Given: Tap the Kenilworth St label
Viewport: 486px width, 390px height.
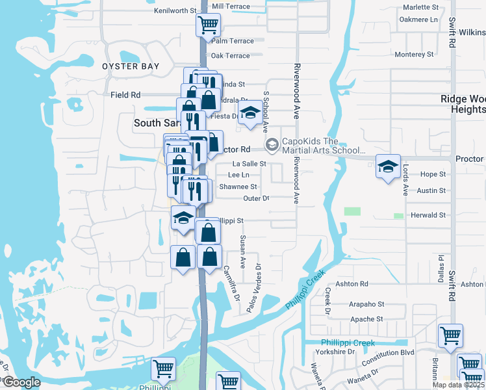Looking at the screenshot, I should click(175, 11).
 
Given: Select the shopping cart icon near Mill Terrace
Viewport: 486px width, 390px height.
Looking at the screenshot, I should click(208, 26).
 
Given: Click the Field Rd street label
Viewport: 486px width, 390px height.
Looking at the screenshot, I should click(125, 95).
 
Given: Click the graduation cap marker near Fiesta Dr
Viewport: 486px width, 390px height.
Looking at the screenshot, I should click(249, 114).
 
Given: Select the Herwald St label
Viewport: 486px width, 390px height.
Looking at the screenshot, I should click(428, 215).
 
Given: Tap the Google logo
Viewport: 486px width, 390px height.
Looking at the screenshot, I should click(21, 382).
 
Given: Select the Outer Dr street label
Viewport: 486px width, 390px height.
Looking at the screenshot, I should click(256, 198).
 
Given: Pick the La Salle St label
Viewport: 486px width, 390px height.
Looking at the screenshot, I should click(249, 164).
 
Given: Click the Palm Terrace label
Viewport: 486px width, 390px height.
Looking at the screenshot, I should click(233, 41).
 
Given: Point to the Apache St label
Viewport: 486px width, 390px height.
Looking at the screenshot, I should click(366, 319).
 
